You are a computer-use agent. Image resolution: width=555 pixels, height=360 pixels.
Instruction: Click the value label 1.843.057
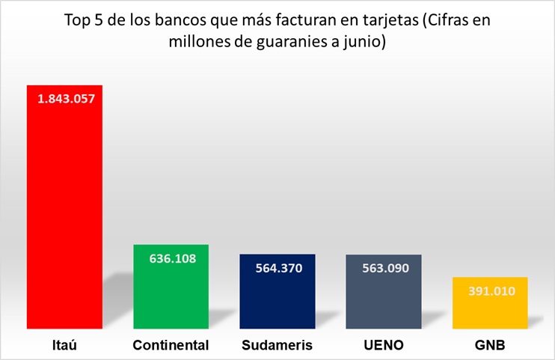(65, 99)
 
